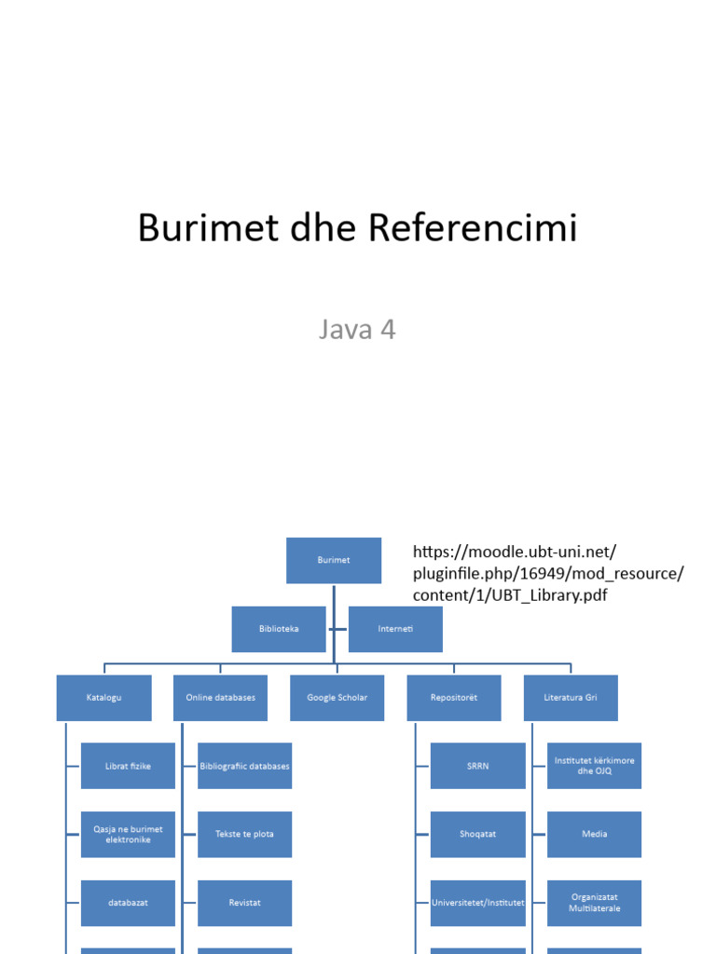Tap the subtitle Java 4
click(x=357, y=329)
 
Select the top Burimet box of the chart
click(x=334, y=560)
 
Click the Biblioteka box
click(x=279, y=629)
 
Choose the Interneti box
click(x=395, y=629)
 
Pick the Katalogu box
click(x=103, y=697)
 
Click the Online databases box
click(x=220, y=697)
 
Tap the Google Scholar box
click(x=337, y=697)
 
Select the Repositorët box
click(x=454, y=697)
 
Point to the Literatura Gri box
click(x=571, y=697)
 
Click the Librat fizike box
click(x=128, y=766)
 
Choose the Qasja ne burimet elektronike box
click(x=128, y=834)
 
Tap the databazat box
click(x=128, y=903)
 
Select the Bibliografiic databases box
click(x=244, y=766)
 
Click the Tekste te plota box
click(x=244, y=834)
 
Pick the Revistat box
click(x=244, y=903)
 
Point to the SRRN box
click(x=477, y=766)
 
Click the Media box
click(x=594, y=834)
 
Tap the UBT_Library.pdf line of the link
click(x=510, y=594)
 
